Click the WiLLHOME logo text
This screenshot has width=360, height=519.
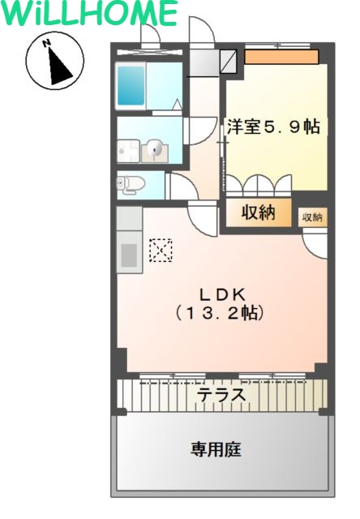[x=90, y=14]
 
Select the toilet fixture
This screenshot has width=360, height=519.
[x=130, y=183]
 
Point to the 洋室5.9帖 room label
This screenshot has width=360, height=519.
[x=272, y=127]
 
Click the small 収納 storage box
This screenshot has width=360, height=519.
[x=312, y=217]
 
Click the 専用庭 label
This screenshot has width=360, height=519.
[x=216, y=449]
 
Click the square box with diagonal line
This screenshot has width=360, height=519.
[x=229, y=60]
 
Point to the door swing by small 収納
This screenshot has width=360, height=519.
[x=315, y=239]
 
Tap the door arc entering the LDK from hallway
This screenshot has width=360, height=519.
[x=199, y=217]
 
